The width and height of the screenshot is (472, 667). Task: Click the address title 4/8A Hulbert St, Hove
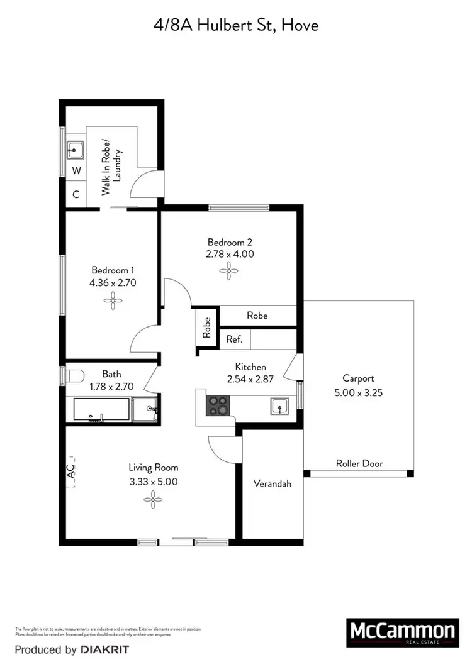coord(236,25)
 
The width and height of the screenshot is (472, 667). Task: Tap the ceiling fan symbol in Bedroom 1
coord(113,302)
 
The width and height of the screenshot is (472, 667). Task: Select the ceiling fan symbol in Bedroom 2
coord(230,272)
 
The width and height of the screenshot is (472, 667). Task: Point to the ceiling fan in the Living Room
coord(153,500)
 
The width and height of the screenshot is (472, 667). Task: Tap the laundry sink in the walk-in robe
coord(76,150)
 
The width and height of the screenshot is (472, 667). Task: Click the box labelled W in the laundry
coord(76,170)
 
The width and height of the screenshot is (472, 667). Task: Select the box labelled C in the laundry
coord(76,194)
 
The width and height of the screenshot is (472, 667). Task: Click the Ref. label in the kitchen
coord(235,339)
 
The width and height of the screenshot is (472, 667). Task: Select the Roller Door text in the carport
coord(359,464)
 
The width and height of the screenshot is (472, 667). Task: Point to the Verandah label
coord(272,484)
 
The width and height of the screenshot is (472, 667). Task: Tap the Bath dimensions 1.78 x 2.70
coord(110,387)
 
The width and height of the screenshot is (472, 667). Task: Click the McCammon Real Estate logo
coord(402,633)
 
